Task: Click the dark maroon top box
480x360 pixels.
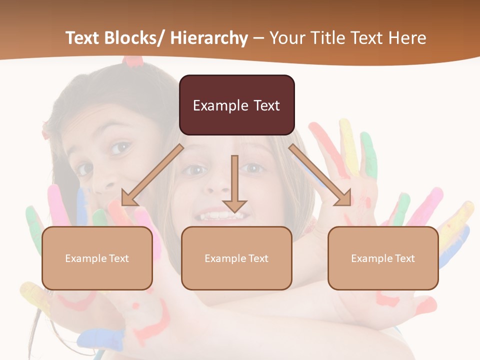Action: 236,105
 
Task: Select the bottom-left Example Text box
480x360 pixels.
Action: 97,258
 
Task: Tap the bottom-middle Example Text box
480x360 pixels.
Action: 236,258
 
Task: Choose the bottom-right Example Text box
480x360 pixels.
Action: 383,258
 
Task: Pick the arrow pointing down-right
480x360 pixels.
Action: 320,175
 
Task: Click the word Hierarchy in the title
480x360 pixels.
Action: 209,38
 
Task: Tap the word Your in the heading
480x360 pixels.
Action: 286,38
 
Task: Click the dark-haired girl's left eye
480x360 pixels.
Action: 120,147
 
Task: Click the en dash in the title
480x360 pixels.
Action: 258,38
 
